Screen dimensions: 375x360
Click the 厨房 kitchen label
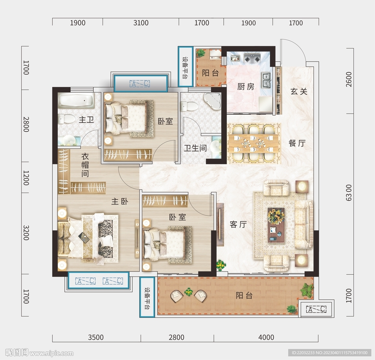point(246,86)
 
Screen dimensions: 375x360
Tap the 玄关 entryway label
point(299,91)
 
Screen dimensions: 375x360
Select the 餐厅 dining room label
point(297,143)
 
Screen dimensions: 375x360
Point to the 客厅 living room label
point(238,224)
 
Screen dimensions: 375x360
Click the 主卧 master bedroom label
point(120,201)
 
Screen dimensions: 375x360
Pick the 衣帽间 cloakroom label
point(85,165)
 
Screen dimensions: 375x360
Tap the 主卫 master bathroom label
point(86,119)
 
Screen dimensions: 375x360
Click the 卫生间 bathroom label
point(196,148)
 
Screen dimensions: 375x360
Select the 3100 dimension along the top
point(141,23)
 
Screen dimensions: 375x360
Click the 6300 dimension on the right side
point(349,192)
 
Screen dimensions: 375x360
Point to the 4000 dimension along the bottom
point(266,337)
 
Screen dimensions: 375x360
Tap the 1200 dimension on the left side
point(26,178)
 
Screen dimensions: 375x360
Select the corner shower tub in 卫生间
point(213,101)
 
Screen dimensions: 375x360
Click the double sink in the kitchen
point(266,80)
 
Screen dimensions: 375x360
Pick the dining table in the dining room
point(253,143)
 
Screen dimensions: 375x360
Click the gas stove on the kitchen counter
point(252,58)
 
